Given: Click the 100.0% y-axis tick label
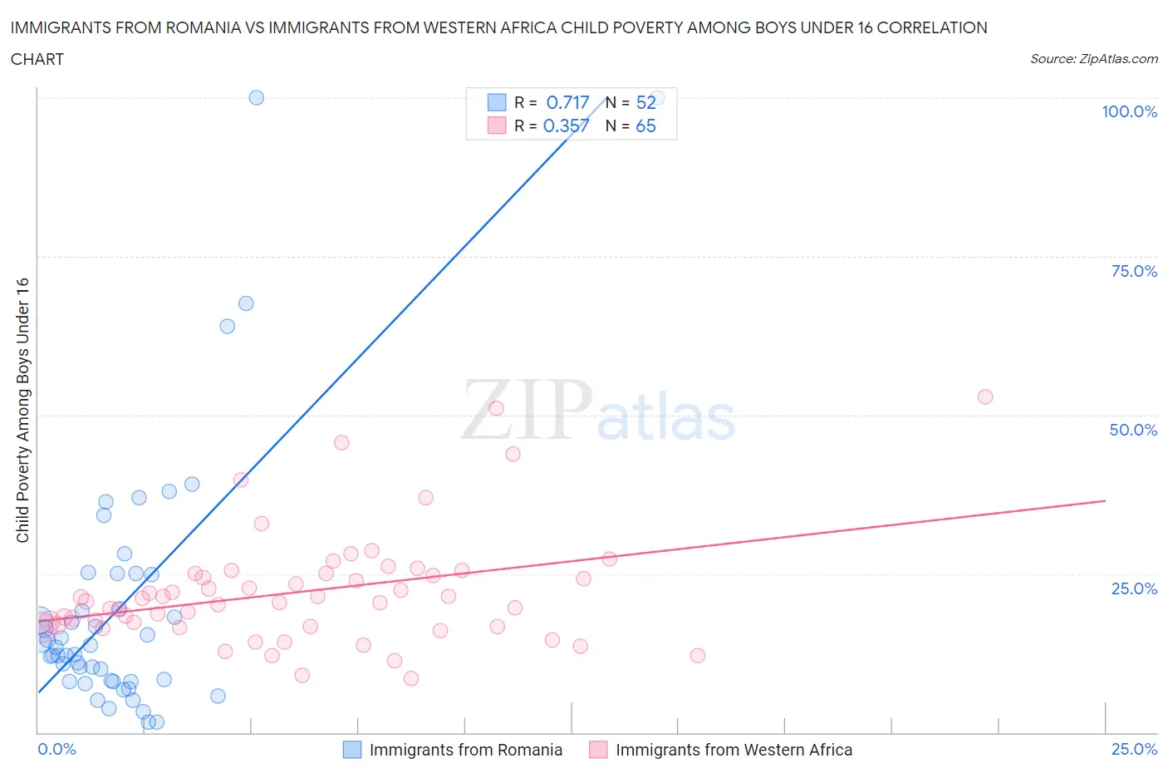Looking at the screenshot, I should coord(1129,112).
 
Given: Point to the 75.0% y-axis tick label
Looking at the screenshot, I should coord(1134,271).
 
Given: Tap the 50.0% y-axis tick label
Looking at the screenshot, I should coord(1133,430).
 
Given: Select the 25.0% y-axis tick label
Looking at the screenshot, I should coord(1134,588).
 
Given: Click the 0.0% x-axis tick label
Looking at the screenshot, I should coord(56,749).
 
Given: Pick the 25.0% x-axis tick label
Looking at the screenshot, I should coord(1134,749).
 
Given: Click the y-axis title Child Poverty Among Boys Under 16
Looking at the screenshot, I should coord(22,410).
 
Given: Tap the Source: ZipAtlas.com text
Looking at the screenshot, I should coord(1093,58).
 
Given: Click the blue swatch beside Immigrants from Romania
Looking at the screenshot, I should coord(352,750).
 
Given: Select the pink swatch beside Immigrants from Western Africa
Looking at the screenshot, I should coord(598,750).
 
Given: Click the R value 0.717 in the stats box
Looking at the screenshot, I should coord(567,102).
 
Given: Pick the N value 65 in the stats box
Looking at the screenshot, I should coord(645,126).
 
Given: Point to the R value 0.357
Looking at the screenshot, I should coord(566,126).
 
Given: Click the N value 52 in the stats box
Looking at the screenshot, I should coord(645,102).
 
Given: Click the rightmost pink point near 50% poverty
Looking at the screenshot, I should coord(985,396).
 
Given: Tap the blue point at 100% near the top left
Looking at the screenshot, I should coord(257,97).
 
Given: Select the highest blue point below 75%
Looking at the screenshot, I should coord(246,303).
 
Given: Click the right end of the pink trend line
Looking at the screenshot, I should coord(1105,500).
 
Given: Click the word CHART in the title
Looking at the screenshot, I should coord(37,59).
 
